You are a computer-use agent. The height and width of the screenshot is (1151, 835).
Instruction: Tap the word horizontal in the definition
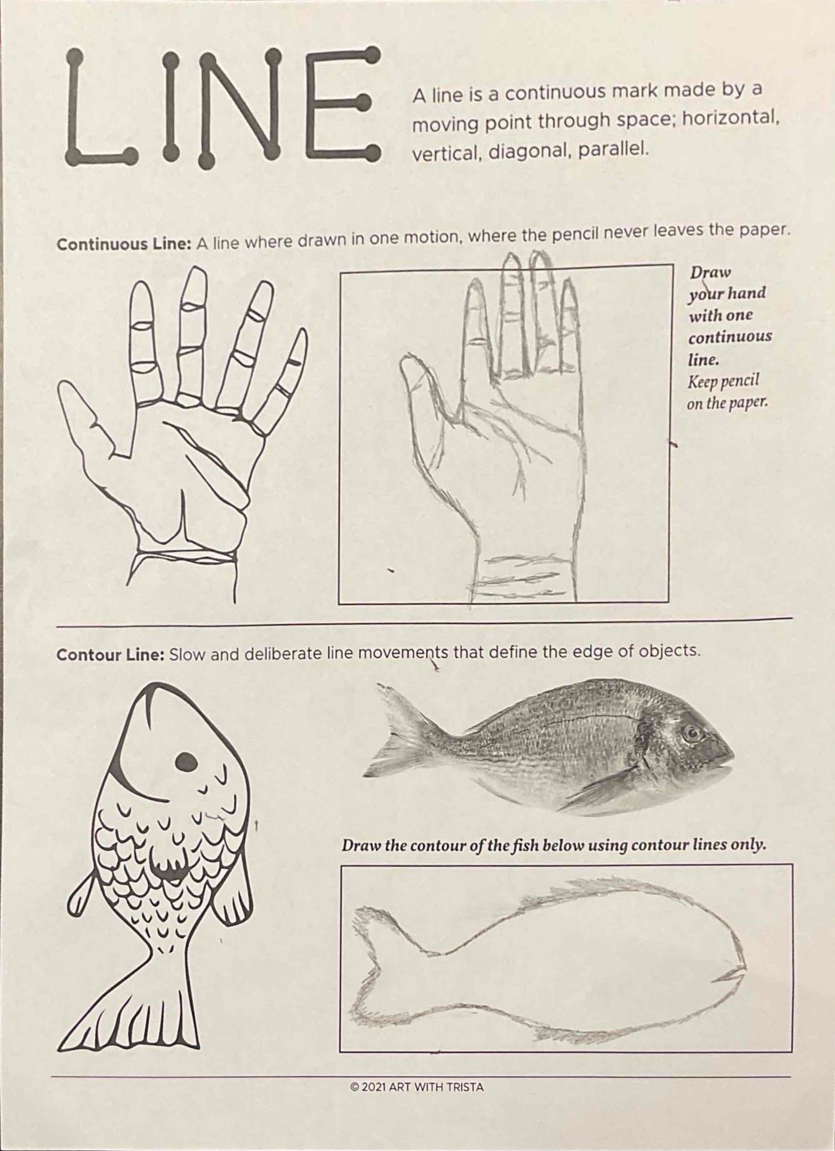point(728,120)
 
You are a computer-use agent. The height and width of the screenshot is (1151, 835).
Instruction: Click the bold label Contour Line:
point(111,655)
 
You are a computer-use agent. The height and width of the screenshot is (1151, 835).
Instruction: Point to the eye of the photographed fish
point(690,733)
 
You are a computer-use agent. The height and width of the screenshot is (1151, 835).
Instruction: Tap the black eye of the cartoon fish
point(186,761)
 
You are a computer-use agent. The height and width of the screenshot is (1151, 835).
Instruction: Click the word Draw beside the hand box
point(710,273)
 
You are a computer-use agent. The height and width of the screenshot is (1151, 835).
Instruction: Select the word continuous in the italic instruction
point(730,337)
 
